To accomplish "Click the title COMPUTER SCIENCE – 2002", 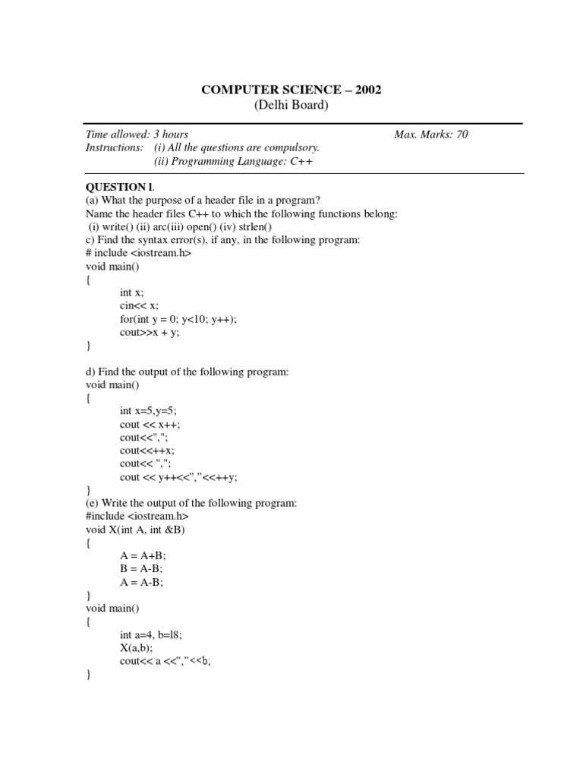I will [291, 90].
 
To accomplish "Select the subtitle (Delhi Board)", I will [291, 106].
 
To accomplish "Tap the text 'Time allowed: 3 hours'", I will [137, 134].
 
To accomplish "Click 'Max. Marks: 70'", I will [431, 134].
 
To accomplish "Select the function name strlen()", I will [257, 226].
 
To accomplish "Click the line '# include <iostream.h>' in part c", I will [139, 253].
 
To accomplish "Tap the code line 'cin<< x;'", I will [139, 306].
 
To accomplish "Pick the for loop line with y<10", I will [178, 319].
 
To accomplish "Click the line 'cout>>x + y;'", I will [150, 333].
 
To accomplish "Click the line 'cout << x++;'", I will [150, 424].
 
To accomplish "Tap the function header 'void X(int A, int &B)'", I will [136, 530].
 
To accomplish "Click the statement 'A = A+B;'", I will [141, 556].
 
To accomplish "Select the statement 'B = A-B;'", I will [140, 569].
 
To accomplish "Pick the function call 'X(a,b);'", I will [137, 648].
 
